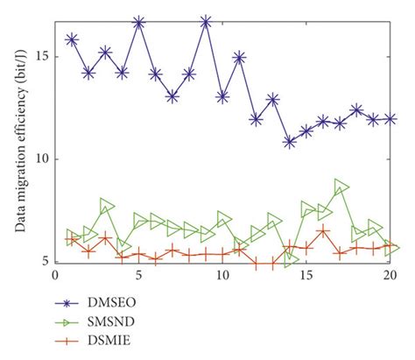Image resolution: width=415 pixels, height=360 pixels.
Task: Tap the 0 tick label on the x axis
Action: click(55, 274)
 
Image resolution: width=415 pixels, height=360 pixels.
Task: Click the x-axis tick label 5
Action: click(139, 274)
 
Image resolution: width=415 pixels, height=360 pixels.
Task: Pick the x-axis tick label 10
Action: click(222, 274)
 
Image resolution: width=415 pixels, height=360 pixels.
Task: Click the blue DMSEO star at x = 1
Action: click(72, 39)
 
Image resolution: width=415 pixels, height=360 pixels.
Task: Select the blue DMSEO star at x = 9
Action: click(206, 21)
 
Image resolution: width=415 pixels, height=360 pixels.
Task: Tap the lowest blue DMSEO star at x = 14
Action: click(290, 141)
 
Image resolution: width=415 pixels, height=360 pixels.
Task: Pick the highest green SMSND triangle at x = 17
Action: click(341, 186)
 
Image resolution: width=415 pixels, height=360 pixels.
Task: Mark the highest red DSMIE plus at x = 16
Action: click(323, 231)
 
